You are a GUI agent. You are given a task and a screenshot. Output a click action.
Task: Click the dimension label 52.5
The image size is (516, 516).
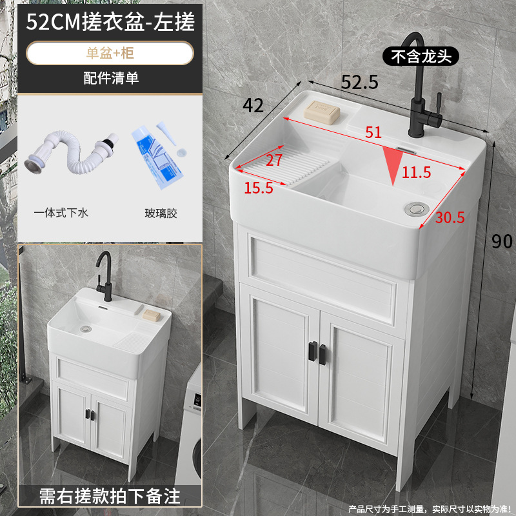[x=359, y=82]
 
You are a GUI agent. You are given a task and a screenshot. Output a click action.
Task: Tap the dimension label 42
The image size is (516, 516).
[x=253, y=104]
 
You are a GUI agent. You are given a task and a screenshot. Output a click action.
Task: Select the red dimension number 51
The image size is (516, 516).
[x=373, y=132]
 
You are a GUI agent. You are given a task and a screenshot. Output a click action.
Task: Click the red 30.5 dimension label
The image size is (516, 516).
[x=449, y=217]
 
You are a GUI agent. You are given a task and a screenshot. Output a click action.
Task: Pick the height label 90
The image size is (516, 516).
[x=502, y=241]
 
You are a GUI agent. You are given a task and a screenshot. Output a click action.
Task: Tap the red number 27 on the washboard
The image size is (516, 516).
[x=274, y=160]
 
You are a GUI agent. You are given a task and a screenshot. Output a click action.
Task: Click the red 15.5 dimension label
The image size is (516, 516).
[x=258, y=188]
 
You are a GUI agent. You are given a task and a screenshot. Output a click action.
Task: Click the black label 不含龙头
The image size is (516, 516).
[x=421, y=56]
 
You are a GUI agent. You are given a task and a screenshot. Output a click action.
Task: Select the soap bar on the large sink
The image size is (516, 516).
[x=322, y=112]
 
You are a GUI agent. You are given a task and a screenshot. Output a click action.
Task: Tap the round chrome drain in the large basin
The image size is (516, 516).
[x=415, y=208]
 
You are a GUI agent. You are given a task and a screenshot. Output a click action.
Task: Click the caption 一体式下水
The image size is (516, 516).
[x=61, y=212]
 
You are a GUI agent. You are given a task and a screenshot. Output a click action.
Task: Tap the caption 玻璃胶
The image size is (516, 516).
[x=161, y=212]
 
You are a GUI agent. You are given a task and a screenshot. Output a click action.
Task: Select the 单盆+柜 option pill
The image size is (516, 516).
[x=110, y=54]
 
